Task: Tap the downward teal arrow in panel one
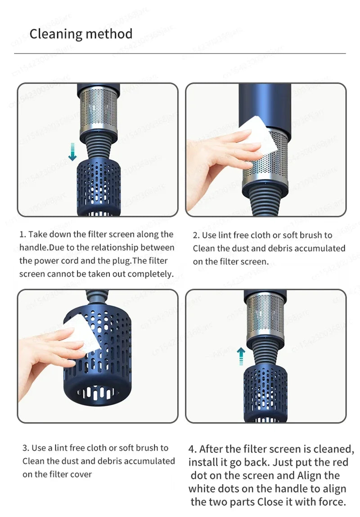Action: [x=72, y=152]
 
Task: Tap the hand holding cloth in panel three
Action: [x=49, y=355]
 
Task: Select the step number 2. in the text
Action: [x=196, y=235]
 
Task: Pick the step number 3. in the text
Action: [x=26, y=448]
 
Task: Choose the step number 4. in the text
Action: [x=192, y=449]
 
